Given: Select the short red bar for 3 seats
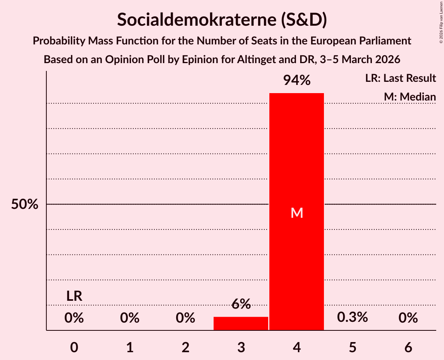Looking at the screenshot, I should click(241, 323).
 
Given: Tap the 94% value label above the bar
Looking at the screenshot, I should click(297, 81).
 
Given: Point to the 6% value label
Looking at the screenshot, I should click(241, 304).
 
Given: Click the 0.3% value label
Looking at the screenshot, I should click(352, 317).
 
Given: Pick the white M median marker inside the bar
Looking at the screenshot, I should click(297, 213).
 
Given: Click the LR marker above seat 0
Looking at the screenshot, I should click(74, 296).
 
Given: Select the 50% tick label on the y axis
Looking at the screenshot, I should click(25, 204).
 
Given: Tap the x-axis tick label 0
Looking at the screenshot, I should click(74, 347).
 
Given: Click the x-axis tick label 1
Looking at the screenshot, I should click(130, 347).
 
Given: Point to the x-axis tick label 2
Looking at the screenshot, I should click(186, 347).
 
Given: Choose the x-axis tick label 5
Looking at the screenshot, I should click(352, 347).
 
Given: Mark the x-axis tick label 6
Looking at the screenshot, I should click(408, 347).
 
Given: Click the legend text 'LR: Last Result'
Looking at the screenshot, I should click(400, 78).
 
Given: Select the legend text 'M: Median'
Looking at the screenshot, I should click(410, 97).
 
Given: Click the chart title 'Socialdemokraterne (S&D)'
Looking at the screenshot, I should click(222, 19).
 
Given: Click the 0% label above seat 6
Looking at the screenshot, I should click(408, 318).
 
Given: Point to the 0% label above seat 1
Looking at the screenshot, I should click(130, 318).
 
